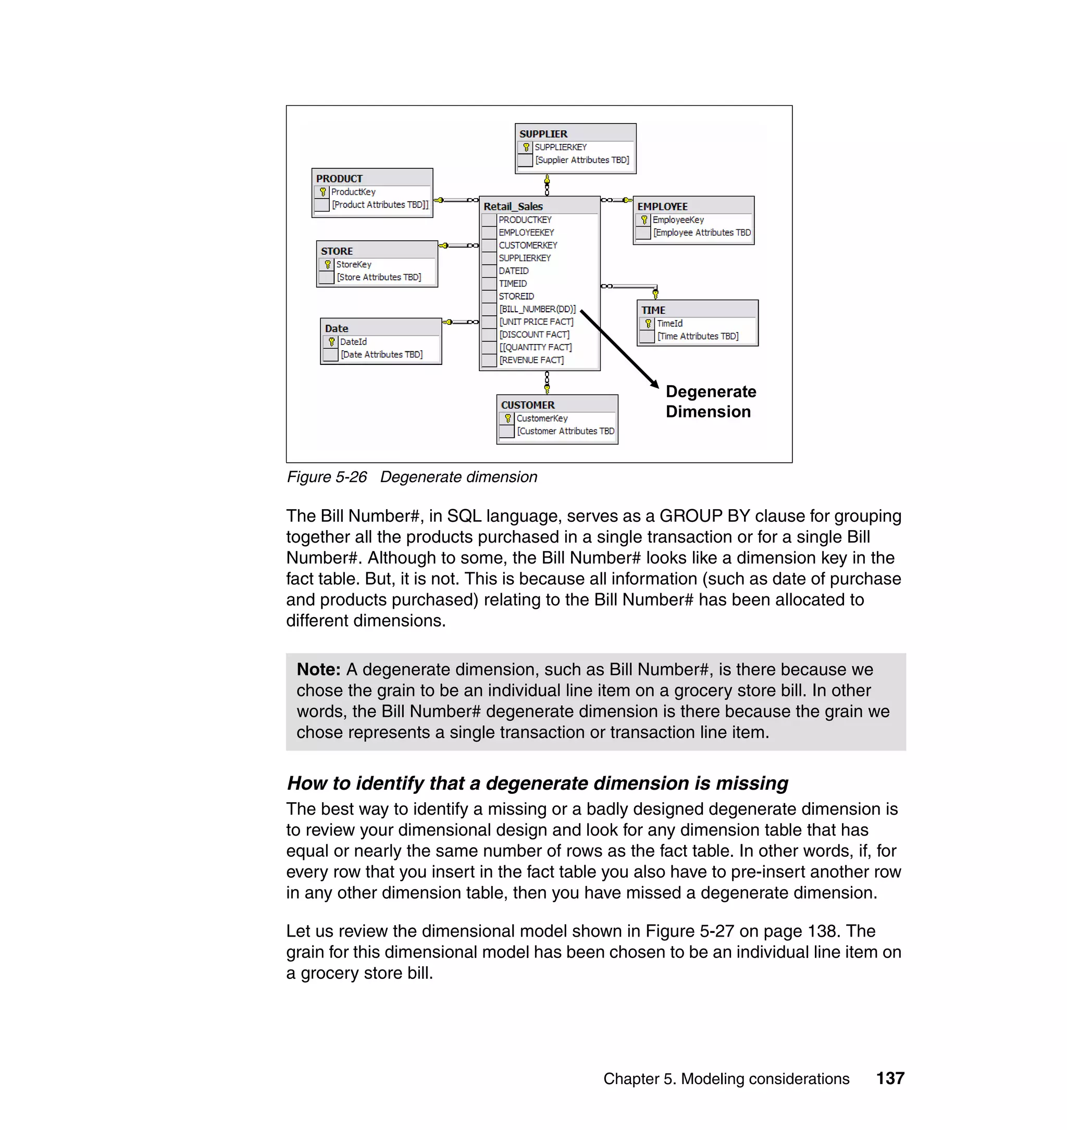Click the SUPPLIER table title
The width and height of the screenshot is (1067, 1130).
[x=543, y=134]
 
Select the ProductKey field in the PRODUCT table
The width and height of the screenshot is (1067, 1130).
[x=353, y=192]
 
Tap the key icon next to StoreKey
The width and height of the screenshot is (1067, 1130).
[x=328, y=265]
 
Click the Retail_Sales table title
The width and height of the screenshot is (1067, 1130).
[x=513, y=206]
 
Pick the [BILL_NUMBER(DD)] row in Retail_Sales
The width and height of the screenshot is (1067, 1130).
[x=537, y=309]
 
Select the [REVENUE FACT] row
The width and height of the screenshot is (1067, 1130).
[x=531, y=360]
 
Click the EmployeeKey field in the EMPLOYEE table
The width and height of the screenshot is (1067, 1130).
[x=678, y=219]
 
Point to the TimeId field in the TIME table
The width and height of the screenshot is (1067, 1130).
[x=669, y=323]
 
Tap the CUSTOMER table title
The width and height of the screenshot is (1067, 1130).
[x=527, y=405]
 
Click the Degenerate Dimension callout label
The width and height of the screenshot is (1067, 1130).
[x=711, y=402]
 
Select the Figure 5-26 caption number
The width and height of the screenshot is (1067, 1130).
[x=327, y=477]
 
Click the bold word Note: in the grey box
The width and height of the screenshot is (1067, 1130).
[x=318, y=670]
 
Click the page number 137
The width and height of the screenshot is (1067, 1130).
[x=890, y=1078]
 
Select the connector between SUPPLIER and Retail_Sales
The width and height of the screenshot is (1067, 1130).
[x=547, y=185]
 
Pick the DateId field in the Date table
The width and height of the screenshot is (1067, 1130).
[x=353, y=342]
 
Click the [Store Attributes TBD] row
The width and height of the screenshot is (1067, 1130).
[x=379, y=277]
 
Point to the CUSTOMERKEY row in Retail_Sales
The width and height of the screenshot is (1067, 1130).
[x=528, y=245]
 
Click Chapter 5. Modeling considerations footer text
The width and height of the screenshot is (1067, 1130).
[x=726, y=1079]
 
